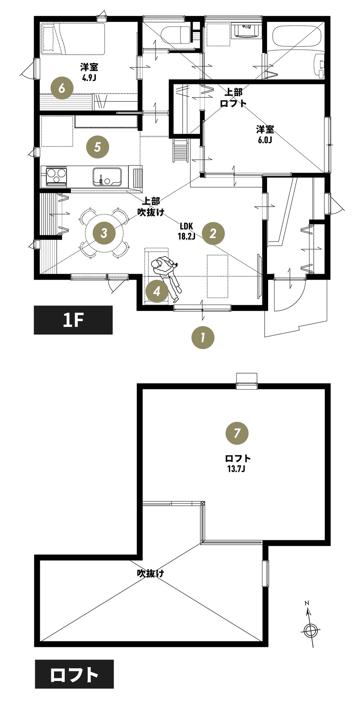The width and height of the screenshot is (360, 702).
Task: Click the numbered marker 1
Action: [x=203, y=338]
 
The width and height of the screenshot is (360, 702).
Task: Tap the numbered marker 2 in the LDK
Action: [x=213, y=233]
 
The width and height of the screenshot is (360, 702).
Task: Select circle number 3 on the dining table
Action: [x=104, y=233]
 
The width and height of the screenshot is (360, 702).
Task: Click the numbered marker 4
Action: [x=157, y=291]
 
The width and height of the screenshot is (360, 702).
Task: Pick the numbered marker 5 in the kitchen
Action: [x=97, y=147]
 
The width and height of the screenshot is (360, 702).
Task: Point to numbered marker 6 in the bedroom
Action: [x=62, y=88]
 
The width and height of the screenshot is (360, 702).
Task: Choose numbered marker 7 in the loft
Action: [x=237, y=433]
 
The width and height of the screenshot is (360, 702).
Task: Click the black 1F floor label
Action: [x=73, y=320]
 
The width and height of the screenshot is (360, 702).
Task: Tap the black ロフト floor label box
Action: [x=74, y=674]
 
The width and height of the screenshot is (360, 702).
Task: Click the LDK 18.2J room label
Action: [x=186, y=231]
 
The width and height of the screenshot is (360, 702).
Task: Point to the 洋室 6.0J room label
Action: [x=265, y=134]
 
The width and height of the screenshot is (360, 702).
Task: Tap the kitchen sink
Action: [x=107, y=177]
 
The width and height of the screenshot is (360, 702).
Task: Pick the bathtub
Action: [x=298, y=37]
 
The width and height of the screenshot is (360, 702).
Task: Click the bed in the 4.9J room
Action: [x=73, y=39]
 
